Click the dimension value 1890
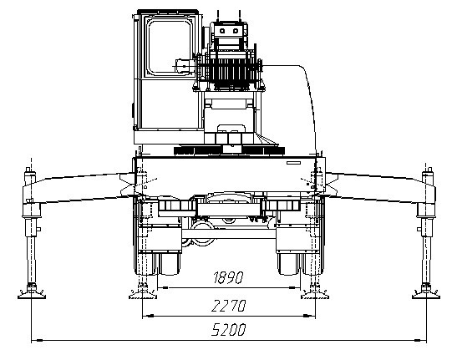click(x=228, y=277)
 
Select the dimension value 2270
click(x=229, y=306)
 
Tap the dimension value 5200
click(x=229, y=330)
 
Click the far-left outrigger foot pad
click(x=32, y=294)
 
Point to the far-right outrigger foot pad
click(x=426, y=294)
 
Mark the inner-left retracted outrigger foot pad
click(x=143, y=294)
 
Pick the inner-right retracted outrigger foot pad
click(x=315, y=294)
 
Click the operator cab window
click(x=170, y=47)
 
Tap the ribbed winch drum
click(x=229, y=70)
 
